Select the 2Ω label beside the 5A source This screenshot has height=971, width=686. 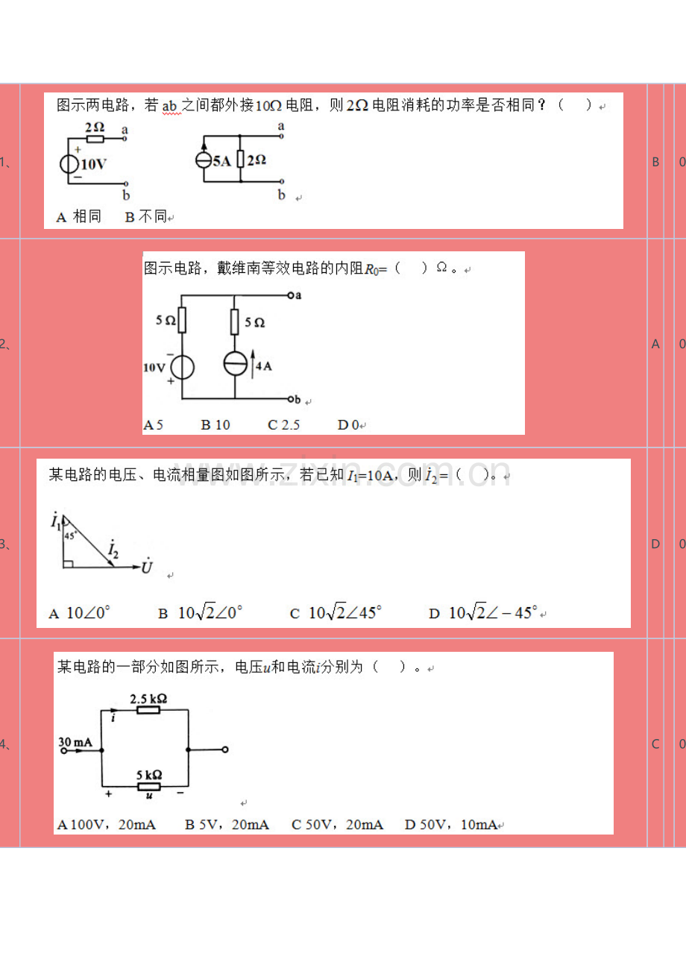coord(256,160)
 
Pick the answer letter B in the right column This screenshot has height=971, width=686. coord(655,161)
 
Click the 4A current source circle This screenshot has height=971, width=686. coord(234,364)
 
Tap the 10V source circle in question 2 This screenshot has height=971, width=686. coord(183,367)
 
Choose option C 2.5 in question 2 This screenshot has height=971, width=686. coord(283,425)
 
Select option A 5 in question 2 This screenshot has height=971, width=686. coord(153,425)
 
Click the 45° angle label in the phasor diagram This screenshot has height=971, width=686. coord(71,535)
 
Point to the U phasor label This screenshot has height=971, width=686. coord(147,567)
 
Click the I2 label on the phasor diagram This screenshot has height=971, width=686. coord(113,551)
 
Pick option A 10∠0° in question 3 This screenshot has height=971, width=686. coord(80,613)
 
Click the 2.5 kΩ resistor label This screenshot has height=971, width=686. coord(148,699)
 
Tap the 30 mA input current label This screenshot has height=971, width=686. coord(76,741)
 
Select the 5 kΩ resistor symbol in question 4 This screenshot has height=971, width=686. coord(149,786)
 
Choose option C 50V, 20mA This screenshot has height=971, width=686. coord(337,824)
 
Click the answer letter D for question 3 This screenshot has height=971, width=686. coord(655,544)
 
